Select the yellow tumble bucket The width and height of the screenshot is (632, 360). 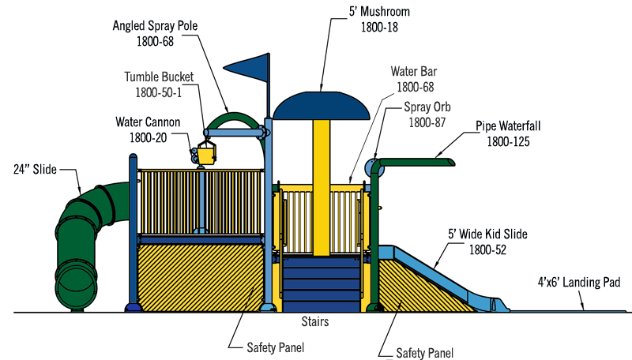point(205,152)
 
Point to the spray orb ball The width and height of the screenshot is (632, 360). point(373,167)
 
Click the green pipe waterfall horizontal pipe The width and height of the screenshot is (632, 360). point(419,163)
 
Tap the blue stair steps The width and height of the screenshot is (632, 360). point(321,284)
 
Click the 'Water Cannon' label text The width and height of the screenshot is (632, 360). point(149,122)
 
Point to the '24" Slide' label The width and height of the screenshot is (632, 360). point(35,170)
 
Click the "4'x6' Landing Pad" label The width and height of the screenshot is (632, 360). point(580,282)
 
